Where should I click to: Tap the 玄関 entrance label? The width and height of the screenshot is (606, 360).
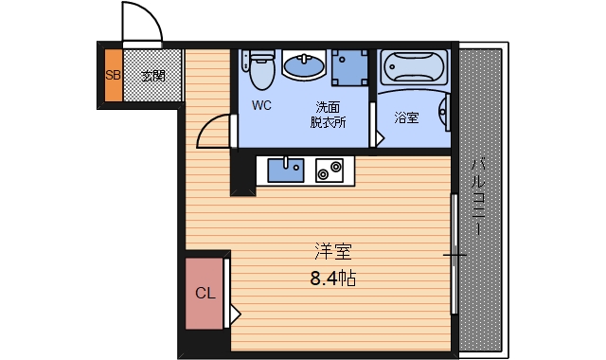(152, 74)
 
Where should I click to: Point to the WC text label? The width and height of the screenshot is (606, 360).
(262, 106)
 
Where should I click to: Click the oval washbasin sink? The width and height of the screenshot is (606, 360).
(303, 65)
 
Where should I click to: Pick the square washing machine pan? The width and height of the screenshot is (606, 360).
(349, 65)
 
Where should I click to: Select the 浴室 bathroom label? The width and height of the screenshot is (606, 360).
(406, 118)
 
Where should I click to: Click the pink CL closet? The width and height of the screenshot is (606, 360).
(205, 293)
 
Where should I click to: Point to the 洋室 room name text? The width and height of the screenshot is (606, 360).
(333, 252)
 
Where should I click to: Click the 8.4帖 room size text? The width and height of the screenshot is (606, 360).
(332, 280)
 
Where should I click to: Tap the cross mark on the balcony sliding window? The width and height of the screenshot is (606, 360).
(455, 255)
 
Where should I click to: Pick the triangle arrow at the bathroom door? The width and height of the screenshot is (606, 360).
(381, 138)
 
